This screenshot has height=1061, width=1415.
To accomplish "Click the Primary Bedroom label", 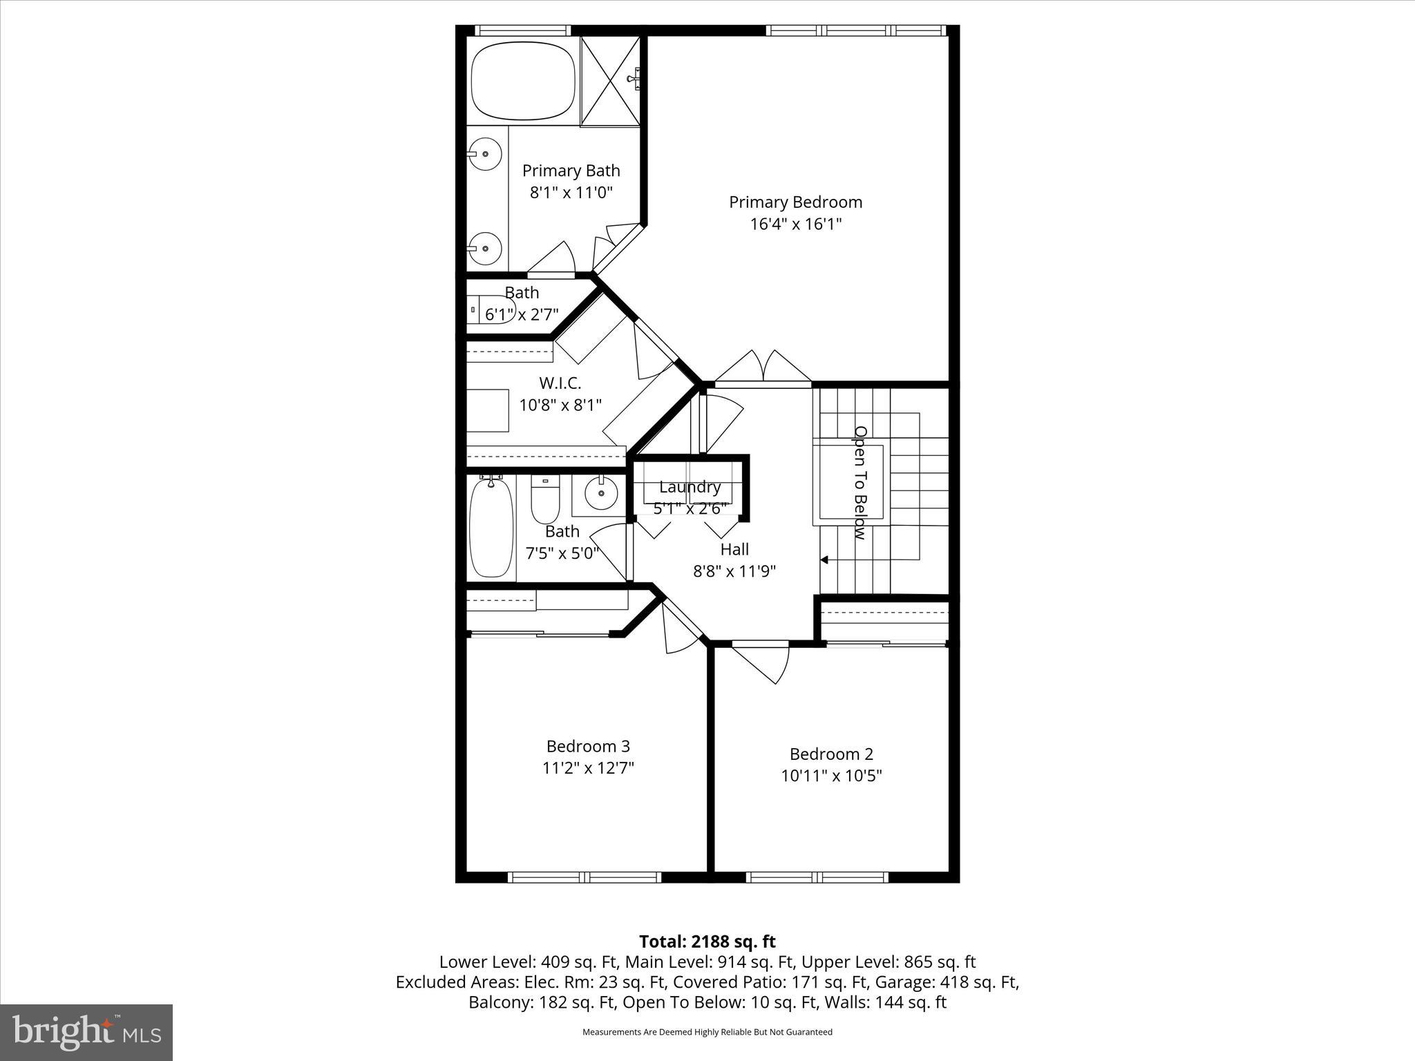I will [x=795, y=202].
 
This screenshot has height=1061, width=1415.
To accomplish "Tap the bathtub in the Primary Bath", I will [x=522, y=82].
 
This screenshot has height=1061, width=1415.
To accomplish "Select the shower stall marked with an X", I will [x=609, y=82].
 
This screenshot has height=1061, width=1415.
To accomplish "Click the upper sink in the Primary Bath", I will [x=485, y=154].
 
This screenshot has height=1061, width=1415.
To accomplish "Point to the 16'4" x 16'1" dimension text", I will [x=795, y=224].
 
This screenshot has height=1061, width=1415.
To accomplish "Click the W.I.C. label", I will [x=560, y=383].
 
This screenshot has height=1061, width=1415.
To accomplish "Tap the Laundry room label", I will [x=690, y=487].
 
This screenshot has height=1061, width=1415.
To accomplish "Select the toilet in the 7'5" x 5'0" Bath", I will [x=545, y=503].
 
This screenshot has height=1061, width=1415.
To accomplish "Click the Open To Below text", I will [x=860, y=482].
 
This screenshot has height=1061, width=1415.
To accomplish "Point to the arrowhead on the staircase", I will [x=824, y=560].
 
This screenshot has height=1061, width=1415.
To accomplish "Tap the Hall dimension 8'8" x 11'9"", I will [x=734, y=571].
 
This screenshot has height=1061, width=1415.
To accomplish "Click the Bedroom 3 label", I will [x=588, y=746].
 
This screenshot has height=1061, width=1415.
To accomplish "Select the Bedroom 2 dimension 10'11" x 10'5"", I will [x=831, y=776].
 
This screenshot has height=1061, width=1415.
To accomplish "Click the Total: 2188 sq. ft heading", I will [x=707, y=941].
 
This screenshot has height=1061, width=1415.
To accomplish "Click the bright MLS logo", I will [x=86, y=1032].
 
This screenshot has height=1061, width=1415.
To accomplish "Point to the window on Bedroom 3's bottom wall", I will [x=585, y=877].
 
